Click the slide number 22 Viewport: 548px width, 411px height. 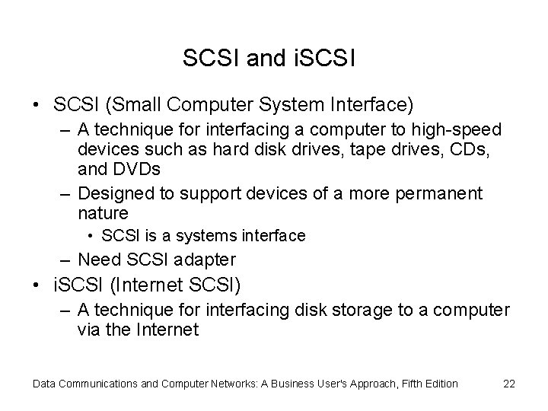[509, 384]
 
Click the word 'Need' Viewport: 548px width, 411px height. [100, 261]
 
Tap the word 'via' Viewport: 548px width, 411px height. [90, 330]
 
